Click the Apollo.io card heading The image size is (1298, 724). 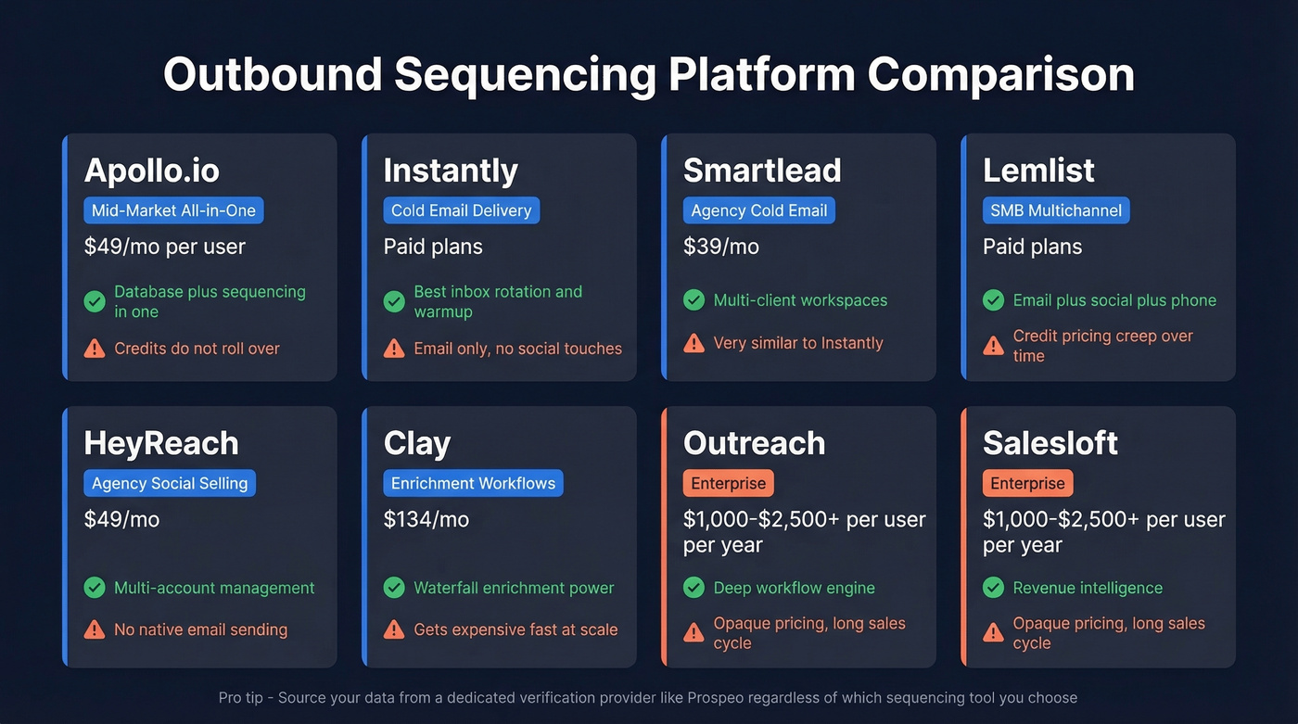click(153, 171)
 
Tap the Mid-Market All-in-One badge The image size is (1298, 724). click(173, 210)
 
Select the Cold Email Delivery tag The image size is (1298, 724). click(461, 210)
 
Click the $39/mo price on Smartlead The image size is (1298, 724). click(720, 247)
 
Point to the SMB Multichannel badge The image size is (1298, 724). click(1055, 210)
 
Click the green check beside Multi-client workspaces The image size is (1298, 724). click(694, 300)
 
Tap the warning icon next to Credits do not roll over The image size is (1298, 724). click(95, 349)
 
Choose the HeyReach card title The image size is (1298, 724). click(161, 443)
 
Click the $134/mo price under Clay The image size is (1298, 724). click(426, 519)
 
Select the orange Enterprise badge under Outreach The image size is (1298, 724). click(728, 483)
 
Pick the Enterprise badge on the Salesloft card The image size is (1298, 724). click(1027, 483)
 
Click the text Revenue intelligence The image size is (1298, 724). click(1088, 588)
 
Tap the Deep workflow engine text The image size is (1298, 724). click(794, 588)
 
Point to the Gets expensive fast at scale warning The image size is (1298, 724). click(515, 629)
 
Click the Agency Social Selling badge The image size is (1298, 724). click(170, 483)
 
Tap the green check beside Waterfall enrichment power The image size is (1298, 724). click(394, 588)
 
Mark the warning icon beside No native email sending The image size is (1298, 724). click(95, 629)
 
